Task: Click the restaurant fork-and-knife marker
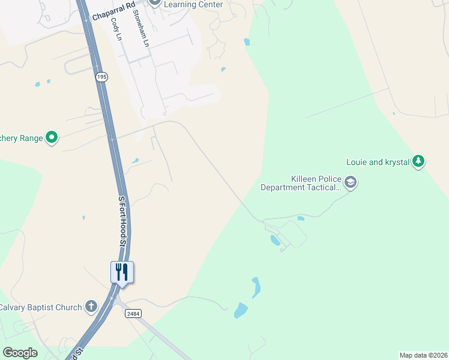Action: pos(122,272)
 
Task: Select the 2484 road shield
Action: pos(133,313)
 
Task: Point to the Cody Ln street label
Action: pos(116,29)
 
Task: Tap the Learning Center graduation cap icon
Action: pos(154,2)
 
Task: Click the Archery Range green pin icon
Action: pos(52,138)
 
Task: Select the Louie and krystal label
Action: pos(378,162)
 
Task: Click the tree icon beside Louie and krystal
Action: pos(418,161)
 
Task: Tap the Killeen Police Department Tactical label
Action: pos(300,183)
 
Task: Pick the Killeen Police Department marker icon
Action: pos(351,182)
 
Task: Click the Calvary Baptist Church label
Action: pos(41,307)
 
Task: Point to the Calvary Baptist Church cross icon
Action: pos(91,307)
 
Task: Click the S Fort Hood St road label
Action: pos(123,221)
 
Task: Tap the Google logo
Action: pos(20,353)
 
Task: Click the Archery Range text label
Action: pos(22,139)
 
